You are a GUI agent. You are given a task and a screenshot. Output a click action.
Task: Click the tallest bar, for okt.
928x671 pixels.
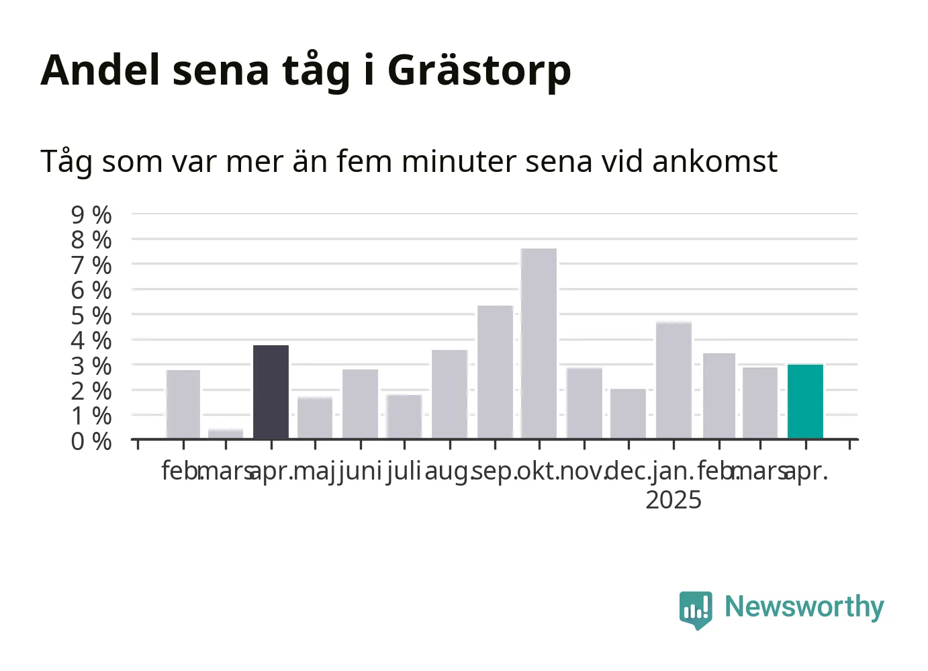pos(539,343)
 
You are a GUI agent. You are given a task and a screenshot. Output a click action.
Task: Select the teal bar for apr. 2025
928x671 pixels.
pos(805,401)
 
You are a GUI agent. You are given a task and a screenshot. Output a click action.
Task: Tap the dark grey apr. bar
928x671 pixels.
pos(271,392)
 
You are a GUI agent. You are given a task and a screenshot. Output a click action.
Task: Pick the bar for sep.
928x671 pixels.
pos(495,371)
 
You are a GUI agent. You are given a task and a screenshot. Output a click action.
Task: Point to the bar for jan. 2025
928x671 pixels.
pos(674,379)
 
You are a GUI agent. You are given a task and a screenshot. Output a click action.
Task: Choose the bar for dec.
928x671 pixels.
pos(628,414)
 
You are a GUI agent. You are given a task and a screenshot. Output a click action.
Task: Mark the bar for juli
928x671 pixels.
pos(404,416)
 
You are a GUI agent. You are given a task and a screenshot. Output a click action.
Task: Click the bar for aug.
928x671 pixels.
pos(449,394)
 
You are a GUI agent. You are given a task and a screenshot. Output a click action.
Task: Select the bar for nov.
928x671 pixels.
pos(584,403)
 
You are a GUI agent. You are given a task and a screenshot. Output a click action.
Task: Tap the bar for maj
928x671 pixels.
pos(315,417)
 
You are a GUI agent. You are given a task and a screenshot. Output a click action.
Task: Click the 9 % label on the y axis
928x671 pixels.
pos(91,215)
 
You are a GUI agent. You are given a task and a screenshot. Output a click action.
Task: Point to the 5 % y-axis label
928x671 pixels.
pos(91,316)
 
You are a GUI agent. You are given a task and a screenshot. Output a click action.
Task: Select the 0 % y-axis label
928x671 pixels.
pos(91,441)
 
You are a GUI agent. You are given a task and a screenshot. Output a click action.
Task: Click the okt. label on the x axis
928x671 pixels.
pos(539,472)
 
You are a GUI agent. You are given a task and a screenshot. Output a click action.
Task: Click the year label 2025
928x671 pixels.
pos(674,500)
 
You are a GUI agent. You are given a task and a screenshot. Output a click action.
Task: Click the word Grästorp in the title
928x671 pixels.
pos(479,71)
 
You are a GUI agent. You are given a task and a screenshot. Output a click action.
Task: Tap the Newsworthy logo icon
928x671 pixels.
pos(696,611)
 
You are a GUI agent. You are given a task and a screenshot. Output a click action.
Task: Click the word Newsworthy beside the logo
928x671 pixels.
pos(804,608)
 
